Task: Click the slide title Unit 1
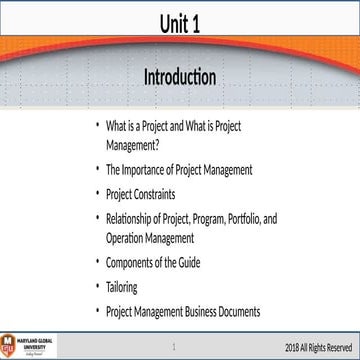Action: click(x=180, y=23)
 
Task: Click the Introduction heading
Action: click(x=180, y=76)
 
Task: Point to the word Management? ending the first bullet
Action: click(x=133, y=142)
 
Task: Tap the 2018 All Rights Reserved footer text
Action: click(x=319, y=346)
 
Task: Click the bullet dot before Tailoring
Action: click(x=97, y=286)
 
